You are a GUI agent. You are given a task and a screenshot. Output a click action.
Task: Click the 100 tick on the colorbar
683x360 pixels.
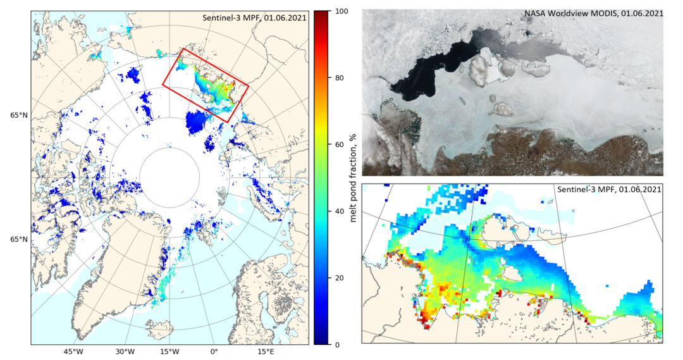point(340,11)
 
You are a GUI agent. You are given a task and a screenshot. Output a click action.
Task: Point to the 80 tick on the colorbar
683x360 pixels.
point(340,78)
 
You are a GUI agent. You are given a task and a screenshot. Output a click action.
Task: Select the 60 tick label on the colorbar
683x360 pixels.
point(340,145)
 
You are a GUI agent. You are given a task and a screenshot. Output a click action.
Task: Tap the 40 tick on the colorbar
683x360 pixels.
point(340,211)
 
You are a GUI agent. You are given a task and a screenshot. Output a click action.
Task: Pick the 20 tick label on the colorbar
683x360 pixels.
point(340,278)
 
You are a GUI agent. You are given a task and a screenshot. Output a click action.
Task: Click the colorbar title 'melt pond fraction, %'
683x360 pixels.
point(354,178)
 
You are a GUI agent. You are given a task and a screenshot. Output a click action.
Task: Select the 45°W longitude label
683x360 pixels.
point(74,352)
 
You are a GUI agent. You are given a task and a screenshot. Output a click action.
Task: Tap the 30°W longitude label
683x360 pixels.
point(125,352)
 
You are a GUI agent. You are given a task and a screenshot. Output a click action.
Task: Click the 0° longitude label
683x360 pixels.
point(214,352)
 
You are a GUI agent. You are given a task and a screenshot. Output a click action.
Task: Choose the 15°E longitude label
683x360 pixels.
point(266,352)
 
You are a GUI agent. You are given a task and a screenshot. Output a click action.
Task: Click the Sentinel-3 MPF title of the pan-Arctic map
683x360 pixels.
point(255,18)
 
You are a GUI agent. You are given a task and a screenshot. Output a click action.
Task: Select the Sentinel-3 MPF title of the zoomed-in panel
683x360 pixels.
point(608,189)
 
